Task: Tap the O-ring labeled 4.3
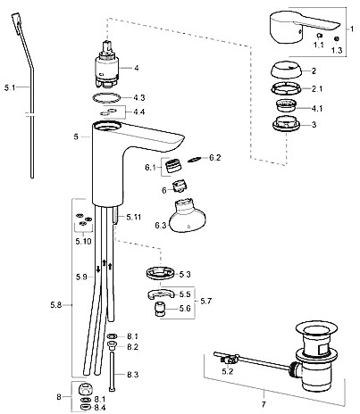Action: [x=106, y=97]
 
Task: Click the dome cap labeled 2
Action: [x=286, y=70]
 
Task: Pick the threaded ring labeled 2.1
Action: [x=286, y=88]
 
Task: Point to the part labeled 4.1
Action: [x=287, y=106]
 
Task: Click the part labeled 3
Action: [x=286, y=124]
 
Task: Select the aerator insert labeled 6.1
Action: [x=173, y=165]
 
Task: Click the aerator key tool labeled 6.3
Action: [x=187, y=216]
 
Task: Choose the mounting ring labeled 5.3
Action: [x=160, y=273]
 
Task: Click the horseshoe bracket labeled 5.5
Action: [x=161, y=294]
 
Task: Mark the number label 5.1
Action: [x=10, y=87]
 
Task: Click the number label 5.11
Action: [x=134, y=217]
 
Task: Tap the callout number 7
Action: [x=264, y=404]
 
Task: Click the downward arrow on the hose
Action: [x=98, y=269]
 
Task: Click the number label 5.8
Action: [x=56, y=305]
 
